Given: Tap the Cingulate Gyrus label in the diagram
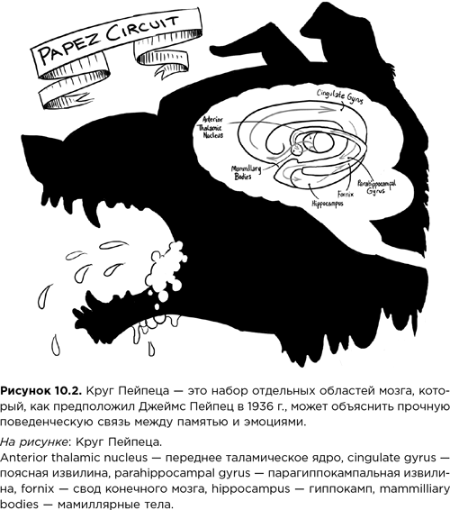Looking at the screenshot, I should (346, 94).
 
